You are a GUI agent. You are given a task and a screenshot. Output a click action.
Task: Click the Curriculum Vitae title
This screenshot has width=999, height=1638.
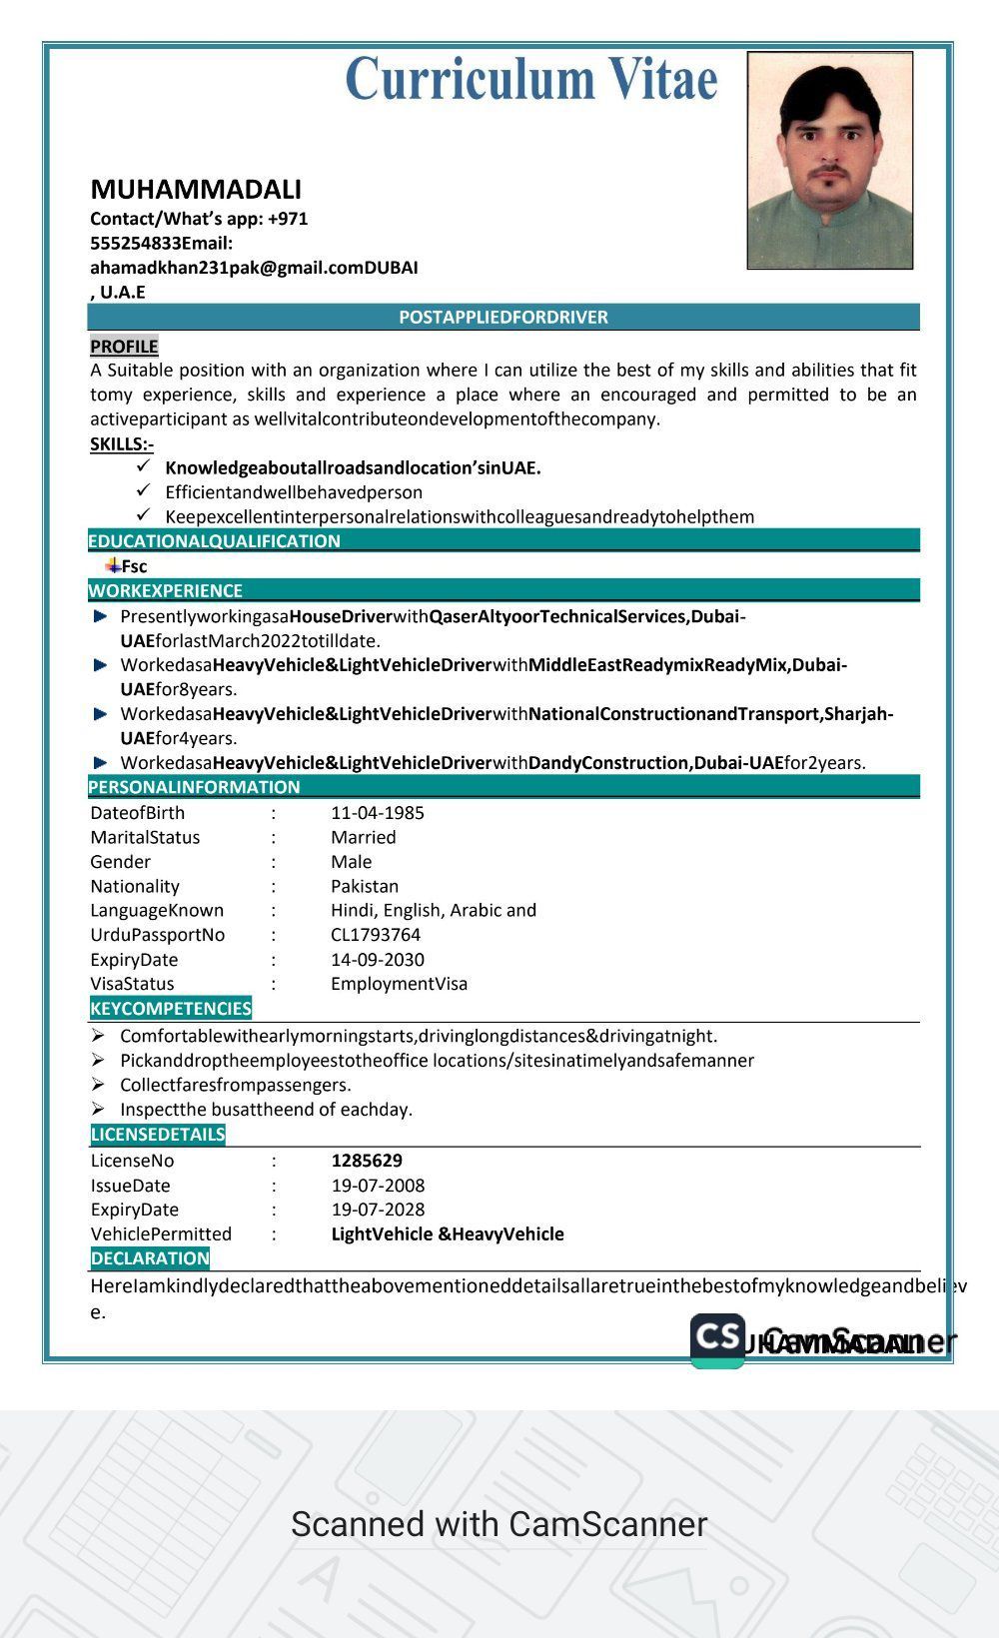530,80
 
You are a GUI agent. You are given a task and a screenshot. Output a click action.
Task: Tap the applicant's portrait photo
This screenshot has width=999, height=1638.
830,161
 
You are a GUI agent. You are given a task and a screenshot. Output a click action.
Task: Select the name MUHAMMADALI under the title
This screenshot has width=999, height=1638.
196,189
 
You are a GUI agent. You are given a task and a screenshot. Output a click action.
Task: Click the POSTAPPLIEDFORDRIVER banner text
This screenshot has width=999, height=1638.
503,317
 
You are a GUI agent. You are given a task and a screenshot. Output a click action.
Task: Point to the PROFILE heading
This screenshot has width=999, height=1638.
124,346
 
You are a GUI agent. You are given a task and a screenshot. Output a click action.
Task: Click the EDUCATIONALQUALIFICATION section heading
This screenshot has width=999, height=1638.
215,540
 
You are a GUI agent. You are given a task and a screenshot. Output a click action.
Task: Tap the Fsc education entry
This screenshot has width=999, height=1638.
134,566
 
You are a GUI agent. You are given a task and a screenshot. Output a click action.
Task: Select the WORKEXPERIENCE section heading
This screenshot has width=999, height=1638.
166,590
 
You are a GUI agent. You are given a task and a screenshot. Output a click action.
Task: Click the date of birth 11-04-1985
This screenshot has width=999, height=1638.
378,812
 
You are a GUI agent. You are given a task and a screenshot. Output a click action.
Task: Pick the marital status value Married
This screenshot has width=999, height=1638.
364,837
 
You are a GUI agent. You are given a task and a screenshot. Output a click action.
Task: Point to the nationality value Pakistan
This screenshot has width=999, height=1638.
365,886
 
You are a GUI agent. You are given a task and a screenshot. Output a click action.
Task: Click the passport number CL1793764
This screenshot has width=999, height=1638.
376,935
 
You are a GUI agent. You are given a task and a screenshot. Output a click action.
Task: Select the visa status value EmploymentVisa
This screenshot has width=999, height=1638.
399,983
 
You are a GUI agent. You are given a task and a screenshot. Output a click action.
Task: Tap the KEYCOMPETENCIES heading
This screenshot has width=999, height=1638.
171,1008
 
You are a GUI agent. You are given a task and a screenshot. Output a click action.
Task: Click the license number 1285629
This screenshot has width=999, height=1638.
367,1161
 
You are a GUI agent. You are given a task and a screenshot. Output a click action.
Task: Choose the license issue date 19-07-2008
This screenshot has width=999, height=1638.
378,1186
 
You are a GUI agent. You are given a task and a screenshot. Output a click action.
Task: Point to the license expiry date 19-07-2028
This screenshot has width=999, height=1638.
378,1210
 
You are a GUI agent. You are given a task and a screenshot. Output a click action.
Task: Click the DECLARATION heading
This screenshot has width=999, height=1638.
150,1258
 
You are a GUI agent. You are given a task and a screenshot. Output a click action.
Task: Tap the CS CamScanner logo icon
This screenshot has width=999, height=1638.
717,1339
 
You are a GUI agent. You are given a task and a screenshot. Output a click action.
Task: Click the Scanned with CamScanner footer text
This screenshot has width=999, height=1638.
499,1524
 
